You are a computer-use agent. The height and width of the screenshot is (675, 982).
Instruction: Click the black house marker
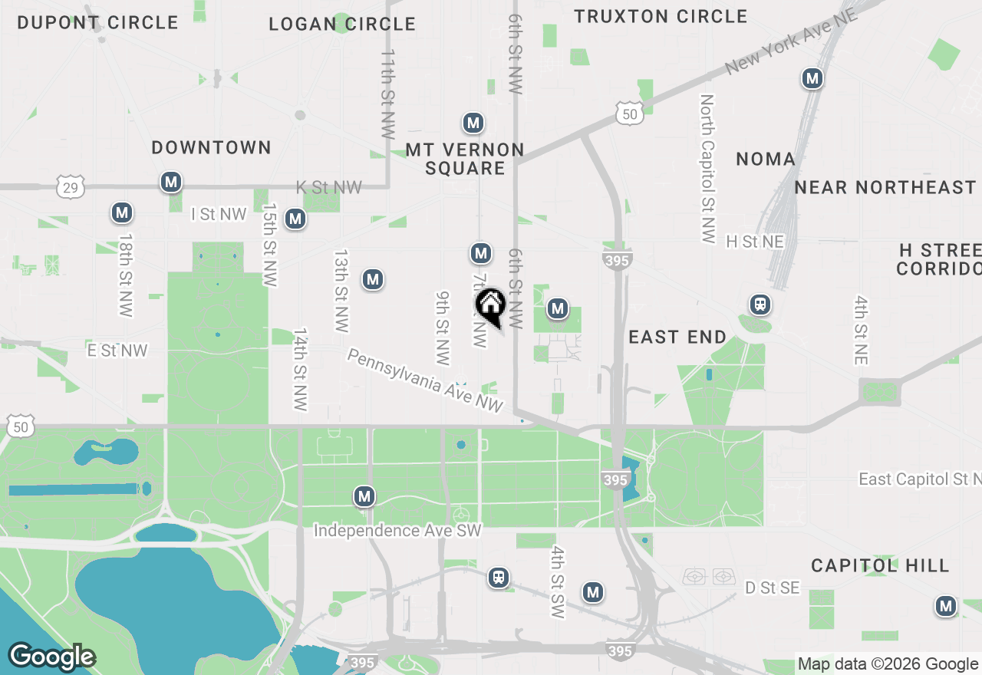490,305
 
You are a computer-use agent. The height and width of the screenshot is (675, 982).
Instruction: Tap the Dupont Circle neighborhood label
97,22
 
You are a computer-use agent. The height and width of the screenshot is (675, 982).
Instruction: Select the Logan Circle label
342,24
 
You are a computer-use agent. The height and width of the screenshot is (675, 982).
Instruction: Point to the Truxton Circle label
661,16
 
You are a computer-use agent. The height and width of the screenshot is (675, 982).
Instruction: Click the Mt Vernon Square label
465,159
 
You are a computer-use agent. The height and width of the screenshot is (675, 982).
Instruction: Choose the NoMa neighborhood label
766,159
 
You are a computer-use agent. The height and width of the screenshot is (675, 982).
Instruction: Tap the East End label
677,337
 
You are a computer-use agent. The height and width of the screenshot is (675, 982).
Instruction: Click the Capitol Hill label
880,565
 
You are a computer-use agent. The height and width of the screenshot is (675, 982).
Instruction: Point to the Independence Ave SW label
397,531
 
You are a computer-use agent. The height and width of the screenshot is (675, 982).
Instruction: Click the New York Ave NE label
791,42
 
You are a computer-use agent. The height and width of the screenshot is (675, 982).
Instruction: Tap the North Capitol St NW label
707,169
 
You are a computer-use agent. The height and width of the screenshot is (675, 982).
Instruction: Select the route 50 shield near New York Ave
628,114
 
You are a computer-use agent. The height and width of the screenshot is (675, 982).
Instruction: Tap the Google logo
51,657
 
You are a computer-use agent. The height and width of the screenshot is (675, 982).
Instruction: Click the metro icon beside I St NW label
295,219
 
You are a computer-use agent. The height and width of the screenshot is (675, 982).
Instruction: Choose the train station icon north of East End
760,305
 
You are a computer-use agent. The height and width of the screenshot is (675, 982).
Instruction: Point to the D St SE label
772,588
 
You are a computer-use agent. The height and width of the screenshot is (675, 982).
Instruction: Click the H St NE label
755,242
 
